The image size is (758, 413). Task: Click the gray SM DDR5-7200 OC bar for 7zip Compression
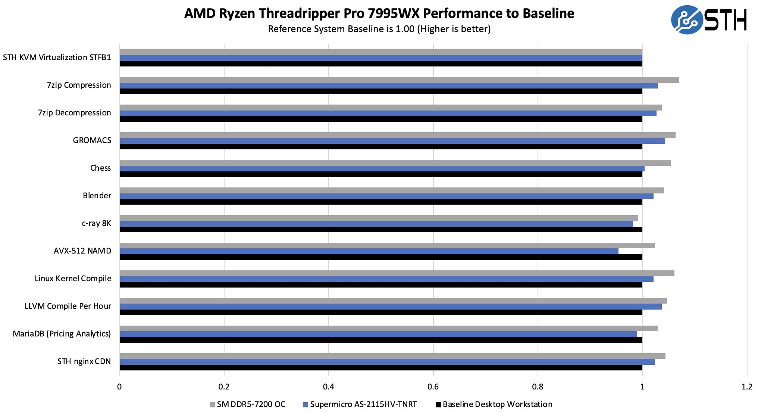pos(399,80)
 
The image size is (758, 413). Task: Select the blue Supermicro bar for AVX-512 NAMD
pos(369,251)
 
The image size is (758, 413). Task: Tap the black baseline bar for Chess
pos(381,174)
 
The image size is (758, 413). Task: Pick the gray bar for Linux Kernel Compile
pos(397,273)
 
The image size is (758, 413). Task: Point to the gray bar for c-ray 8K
pos(379,218)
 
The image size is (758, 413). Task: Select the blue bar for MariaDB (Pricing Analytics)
pos(378,334)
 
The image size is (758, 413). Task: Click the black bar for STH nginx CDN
pos(381,368)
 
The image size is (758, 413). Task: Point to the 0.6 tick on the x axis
pos(433,386)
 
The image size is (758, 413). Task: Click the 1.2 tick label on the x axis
pos(747,386)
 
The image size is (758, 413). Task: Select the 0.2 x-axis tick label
pos(224,386)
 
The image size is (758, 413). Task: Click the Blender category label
pos(97,196)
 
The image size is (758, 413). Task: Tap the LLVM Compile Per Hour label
pos(68,306)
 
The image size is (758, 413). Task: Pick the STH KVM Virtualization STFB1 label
pos(57,58)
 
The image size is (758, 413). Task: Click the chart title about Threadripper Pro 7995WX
pos(379,13)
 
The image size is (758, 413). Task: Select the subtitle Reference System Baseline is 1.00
pos(379,29)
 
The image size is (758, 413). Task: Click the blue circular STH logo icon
pos(686,20)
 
